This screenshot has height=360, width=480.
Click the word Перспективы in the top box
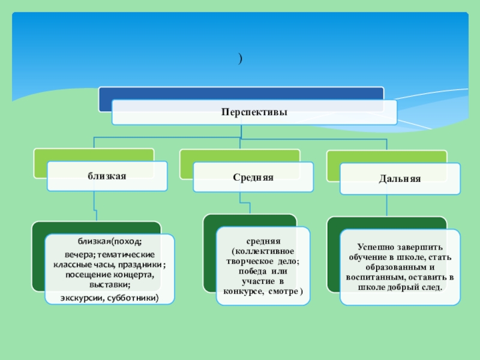coord(254,112)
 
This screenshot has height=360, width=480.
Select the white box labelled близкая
coord(107,176)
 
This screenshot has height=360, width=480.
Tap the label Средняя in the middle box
coord(253,178)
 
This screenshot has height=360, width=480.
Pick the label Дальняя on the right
coord(400,179)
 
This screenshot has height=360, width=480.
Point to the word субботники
coord(135,298)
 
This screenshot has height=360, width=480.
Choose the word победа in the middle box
coord(248,271)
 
